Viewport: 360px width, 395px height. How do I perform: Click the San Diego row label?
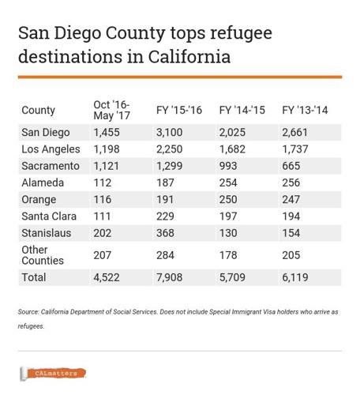tap(47, 132)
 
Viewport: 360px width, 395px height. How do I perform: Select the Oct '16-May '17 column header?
tap(111, 110)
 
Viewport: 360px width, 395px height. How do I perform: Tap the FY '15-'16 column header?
tap(178, 110)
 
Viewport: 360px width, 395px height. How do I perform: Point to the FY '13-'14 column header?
tap(304, 110)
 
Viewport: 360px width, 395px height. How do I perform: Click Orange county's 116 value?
tap(103, 198)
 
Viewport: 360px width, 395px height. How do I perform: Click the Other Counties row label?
tap(43, 254)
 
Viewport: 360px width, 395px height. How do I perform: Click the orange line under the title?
tap(180, 77)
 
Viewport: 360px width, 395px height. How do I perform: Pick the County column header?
tap(39, 110)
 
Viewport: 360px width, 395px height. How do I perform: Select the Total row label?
tap(34, 277)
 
